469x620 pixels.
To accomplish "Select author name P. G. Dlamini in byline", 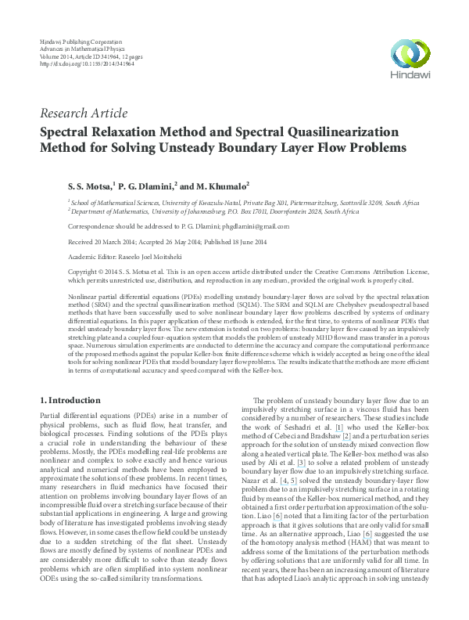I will [148, 187].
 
